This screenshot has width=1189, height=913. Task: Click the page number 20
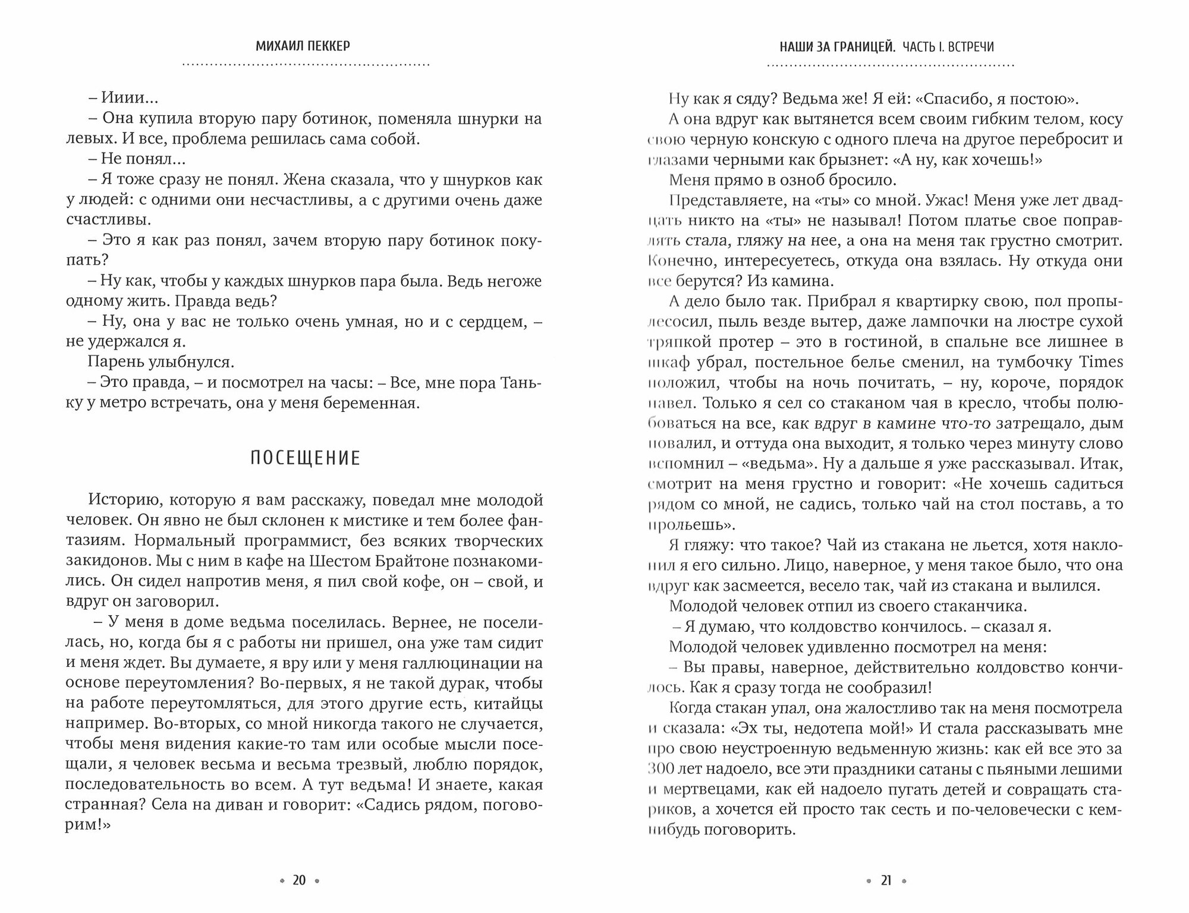(x=299, y=880)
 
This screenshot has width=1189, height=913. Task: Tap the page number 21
(x=886, y=880)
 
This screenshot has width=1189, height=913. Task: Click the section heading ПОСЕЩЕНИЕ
(x=305, y=458)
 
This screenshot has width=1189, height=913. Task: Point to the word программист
(x=279, y=541)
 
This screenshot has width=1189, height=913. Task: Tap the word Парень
(x=117, y=362)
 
